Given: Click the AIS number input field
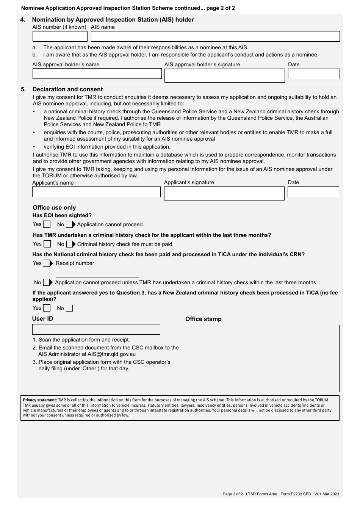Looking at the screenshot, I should point(60,36).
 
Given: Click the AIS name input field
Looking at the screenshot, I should point(215,36).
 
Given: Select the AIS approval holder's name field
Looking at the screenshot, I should point(97,74).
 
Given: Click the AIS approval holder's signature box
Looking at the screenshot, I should point(224,75).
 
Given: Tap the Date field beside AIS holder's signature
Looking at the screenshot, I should point(314,74).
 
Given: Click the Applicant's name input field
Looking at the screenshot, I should point(96,192).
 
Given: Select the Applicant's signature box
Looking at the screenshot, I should point(224,193).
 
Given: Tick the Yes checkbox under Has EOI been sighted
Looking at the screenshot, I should point(47,224).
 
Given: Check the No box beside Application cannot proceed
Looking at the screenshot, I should point(69,224).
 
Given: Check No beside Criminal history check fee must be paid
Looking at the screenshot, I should point(70,244).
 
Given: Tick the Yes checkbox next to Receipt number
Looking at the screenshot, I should point(47,263).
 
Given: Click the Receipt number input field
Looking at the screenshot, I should point(97,272).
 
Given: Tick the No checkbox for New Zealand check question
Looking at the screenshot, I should point(69,308).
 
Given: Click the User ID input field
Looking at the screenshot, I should point(96,329).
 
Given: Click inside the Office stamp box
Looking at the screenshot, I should point(262,358).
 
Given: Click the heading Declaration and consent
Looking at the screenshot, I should point(67,89).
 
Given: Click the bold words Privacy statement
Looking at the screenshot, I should point(40,400).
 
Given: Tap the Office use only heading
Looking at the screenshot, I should point(54,208).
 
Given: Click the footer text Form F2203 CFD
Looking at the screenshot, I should point(296,494).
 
